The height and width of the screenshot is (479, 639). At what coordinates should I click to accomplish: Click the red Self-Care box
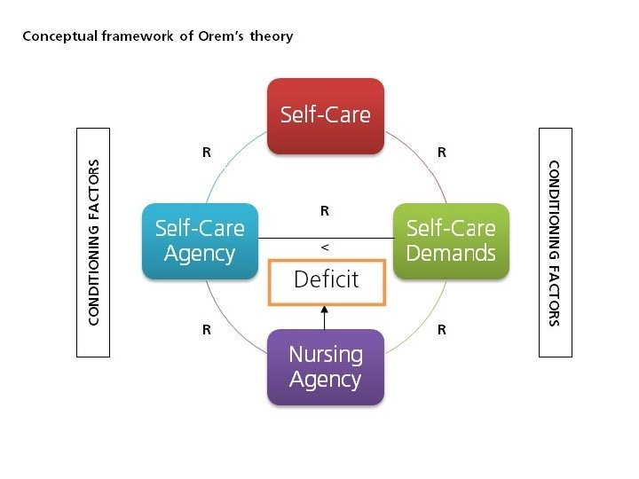click(x=326, y=115)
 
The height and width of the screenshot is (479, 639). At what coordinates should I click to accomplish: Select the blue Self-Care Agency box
click(x=200, y=240)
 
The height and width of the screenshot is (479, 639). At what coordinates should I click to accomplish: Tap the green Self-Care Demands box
click(x=451, y=240)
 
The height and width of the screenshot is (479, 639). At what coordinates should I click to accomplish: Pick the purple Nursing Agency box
click(x=326, y=366)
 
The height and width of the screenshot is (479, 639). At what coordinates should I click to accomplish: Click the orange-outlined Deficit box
click(x=326, y=281)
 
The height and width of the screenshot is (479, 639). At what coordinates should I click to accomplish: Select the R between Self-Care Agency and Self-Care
click(x=207, y=153)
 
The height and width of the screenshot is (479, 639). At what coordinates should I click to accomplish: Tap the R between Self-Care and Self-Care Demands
click(x=441, y=153)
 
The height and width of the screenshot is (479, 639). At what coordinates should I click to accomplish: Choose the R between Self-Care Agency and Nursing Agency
click(x=207, y=330)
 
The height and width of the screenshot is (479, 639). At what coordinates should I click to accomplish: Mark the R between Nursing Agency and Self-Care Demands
click(x=441, y=330)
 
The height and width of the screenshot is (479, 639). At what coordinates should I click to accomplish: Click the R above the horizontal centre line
click(x=325, y=211)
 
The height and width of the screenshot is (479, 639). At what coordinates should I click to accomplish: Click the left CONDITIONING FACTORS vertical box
click(x=93, y=242)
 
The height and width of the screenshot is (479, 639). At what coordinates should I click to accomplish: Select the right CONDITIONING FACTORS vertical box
click(x=556, y=242)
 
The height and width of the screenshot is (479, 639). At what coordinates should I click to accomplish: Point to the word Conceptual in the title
click(x=52, y=36)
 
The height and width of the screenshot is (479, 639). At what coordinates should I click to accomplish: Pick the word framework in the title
click(x=132, y=36)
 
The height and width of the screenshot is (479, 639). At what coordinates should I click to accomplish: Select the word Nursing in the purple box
click(x=326, y=355)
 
